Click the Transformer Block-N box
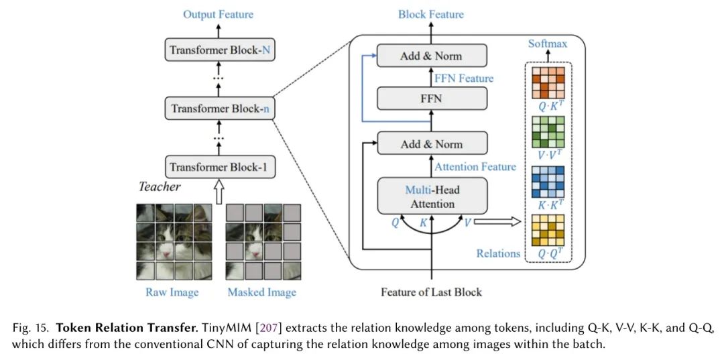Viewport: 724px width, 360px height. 219,50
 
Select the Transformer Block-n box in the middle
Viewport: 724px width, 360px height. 219,108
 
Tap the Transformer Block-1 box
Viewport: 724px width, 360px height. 219,167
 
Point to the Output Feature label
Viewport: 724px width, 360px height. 219,14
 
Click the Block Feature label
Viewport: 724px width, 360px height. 430,14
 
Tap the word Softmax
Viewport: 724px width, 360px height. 548,44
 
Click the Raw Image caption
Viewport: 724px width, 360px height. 172,292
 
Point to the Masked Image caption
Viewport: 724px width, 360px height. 261,292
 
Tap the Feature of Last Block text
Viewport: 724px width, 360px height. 431,292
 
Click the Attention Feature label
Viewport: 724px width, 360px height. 475,167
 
